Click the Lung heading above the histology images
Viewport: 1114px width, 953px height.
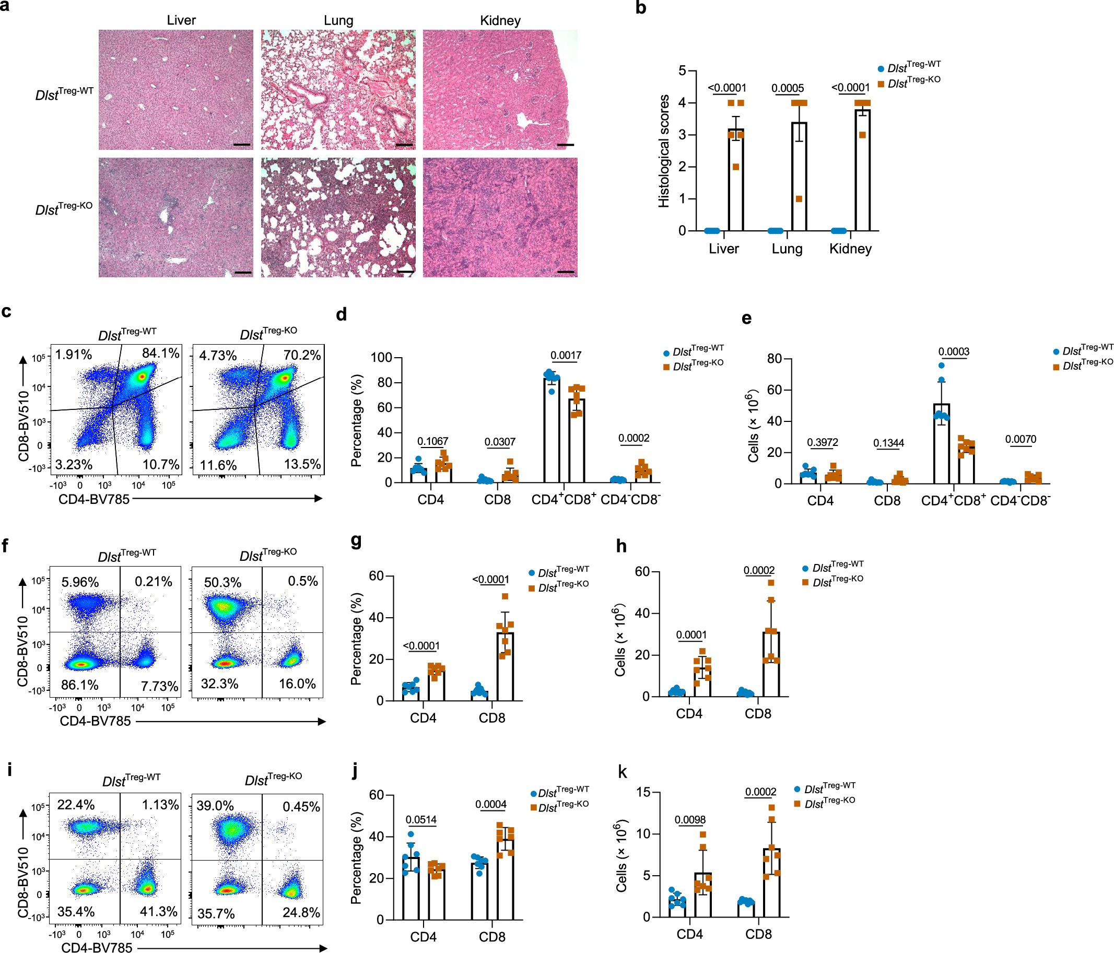[338, 20]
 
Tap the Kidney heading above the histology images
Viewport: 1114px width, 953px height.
[500, 20]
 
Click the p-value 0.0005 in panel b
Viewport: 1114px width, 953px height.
[788, 88]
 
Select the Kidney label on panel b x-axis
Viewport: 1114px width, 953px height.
[850, 249]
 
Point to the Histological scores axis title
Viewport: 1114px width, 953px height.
[664, 151]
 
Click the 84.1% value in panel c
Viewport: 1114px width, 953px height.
[160, 353]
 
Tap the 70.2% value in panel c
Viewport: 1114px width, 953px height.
[302, 355]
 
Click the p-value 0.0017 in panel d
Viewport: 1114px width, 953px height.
[566, 355]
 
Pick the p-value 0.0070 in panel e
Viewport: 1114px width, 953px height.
[1021, 439]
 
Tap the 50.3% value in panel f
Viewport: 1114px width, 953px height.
[222, 582]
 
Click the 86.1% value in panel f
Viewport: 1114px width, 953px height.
[79, 685]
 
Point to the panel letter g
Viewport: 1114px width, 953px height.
[355, 542]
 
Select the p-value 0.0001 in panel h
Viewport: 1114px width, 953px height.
[691, 635]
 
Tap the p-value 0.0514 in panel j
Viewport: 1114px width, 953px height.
[421, 820]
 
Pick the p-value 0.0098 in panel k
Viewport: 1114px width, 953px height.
[690, 819]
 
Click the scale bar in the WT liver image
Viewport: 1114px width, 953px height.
[242, 145]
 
